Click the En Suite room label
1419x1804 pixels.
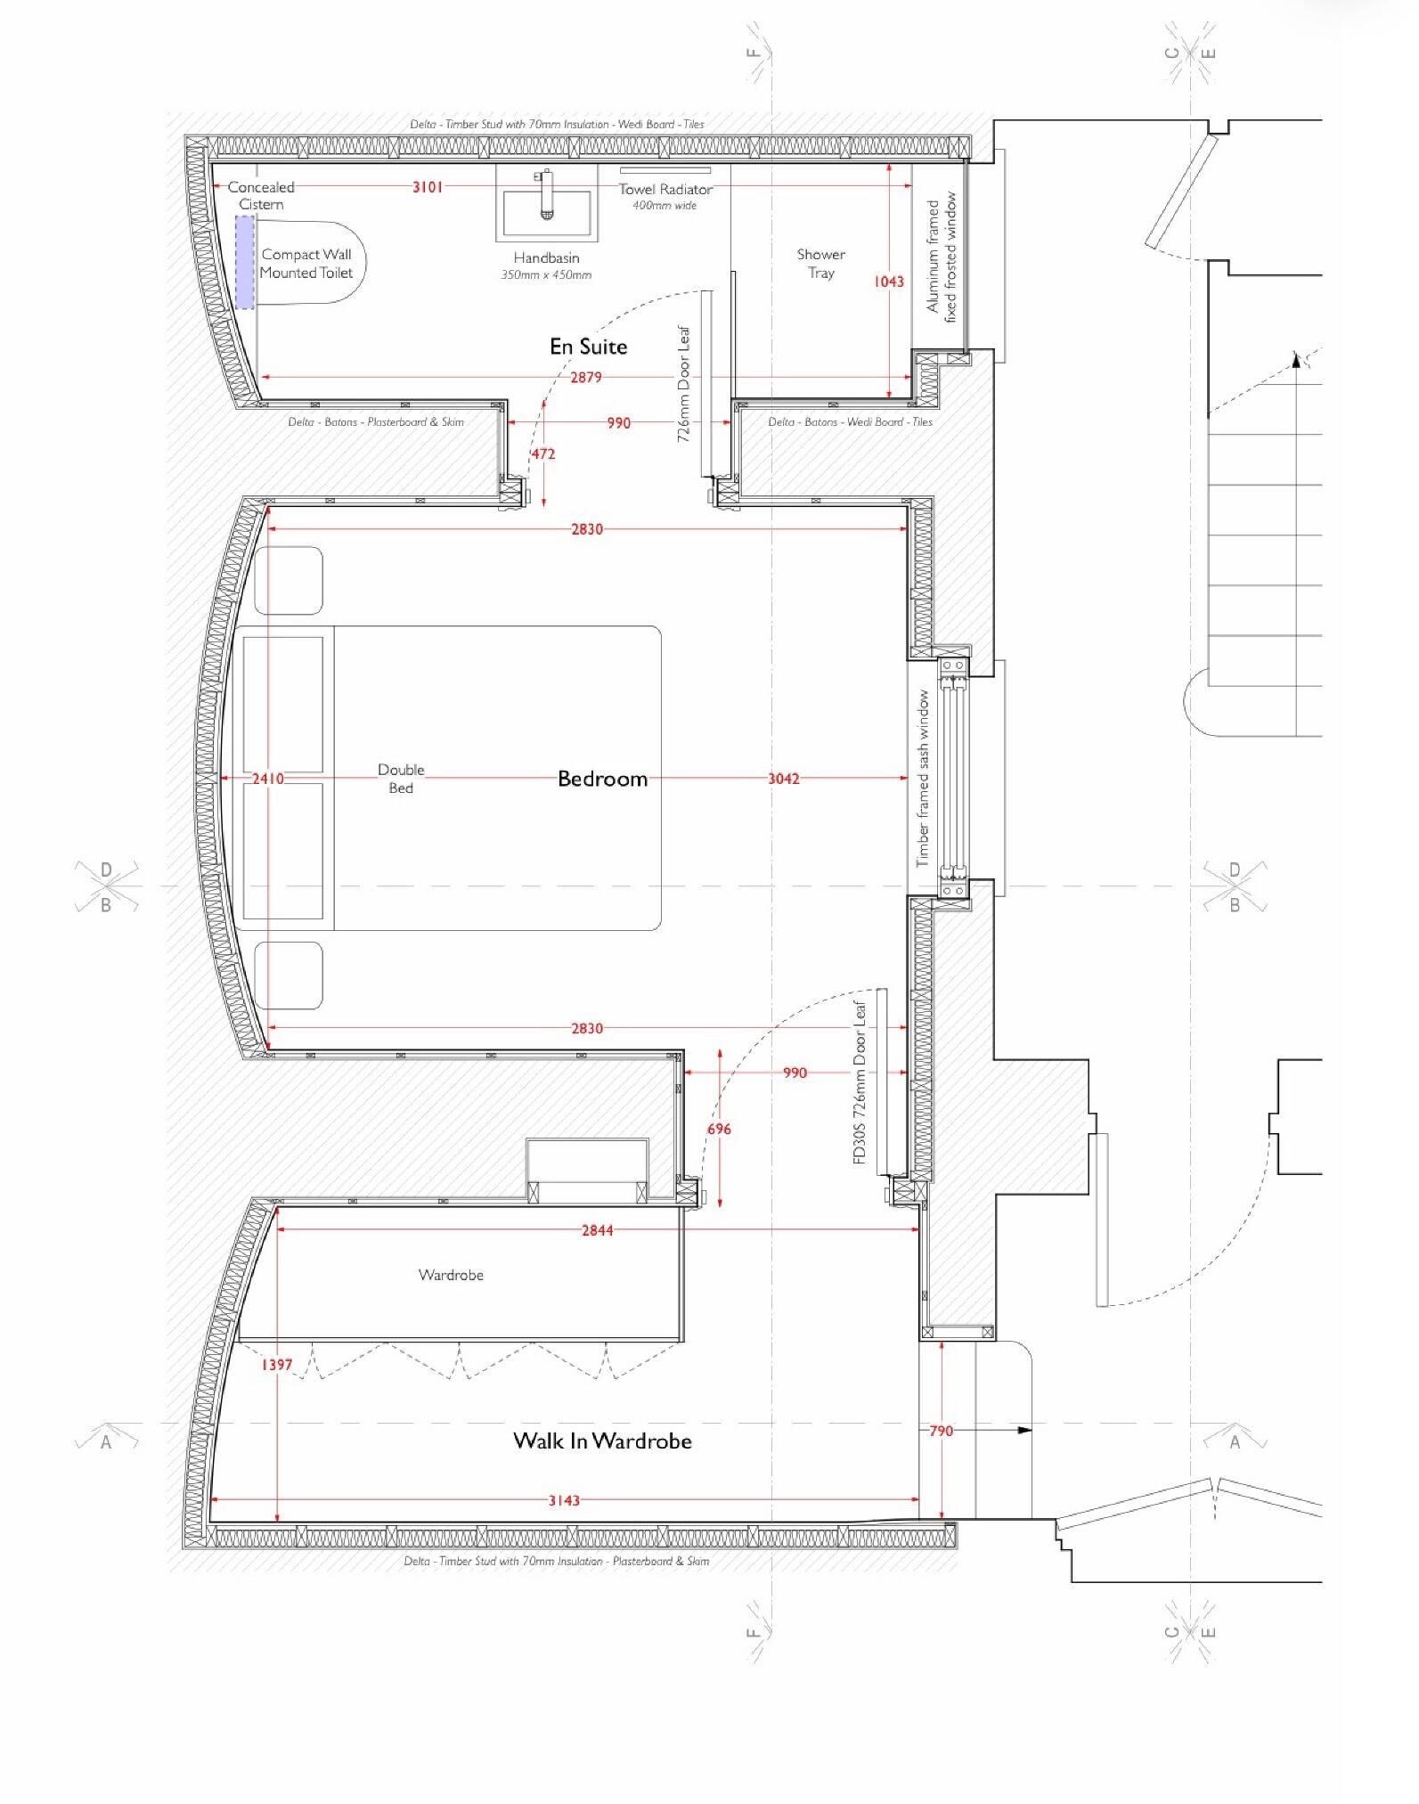(588, 347)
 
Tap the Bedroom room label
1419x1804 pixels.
(602, 779)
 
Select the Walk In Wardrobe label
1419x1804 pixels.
(602, 1441)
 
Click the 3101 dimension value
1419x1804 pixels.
(428, 187)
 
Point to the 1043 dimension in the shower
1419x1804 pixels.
(888, 282)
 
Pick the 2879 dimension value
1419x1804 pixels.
(586, 378)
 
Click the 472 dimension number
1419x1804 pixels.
(543, 454)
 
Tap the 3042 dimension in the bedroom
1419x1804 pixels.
(784, 779)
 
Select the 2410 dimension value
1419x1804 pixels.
(267, 779)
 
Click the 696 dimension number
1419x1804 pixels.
(719, 1130)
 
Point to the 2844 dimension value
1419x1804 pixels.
(597, 1230)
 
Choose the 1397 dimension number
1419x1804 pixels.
(276, 1365)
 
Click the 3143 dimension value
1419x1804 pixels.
(564, 1500)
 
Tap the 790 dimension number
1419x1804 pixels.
(942, 1431)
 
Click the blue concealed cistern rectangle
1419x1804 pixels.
(245, 262)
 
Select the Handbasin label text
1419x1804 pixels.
(546, 258)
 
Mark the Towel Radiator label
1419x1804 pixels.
(665, 190)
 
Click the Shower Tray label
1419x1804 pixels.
(821, 264)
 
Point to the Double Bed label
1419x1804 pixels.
(401, 779)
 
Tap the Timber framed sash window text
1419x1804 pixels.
(923, 779)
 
